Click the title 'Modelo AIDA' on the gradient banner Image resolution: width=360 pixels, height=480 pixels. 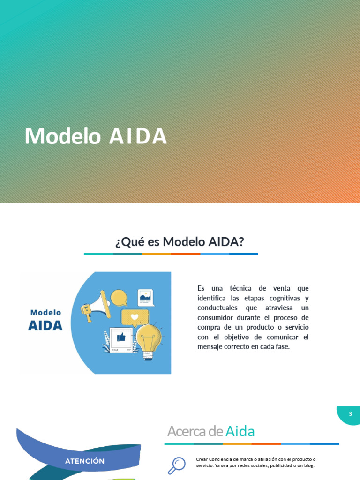coord(96,136)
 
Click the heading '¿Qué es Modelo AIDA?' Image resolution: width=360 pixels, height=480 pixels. coord(180,242)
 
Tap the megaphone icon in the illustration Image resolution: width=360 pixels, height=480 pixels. coord(95,305)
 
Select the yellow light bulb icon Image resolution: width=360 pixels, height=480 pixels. coord(148,338)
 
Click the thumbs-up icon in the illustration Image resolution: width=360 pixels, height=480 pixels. coord(121,337)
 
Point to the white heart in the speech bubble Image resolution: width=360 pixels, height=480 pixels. coord(135,317)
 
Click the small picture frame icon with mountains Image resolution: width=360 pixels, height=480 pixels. coord(146,297)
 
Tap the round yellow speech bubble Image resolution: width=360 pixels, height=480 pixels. coord(119,297)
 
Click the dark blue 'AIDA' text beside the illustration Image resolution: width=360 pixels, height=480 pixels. coord(45,325)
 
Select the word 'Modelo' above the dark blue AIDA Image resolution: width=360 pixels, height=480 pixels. coord(45,312)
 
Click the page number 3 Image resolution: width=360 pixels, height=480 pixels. coord(350,414)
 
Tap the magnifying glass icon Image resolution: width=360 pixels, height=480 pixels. coord(176,465)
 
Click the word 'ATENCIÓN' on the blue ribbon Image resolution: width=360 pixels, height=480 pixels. coord(84,461)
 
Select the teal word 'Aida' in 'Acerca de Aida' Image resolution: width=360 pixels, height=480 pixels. coord(240,431)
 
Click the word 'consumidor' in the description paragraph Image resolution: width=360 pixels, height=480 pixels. coord(218,317)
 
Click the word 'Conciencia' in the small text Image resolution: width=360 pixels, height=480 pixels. coord(223,459)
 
